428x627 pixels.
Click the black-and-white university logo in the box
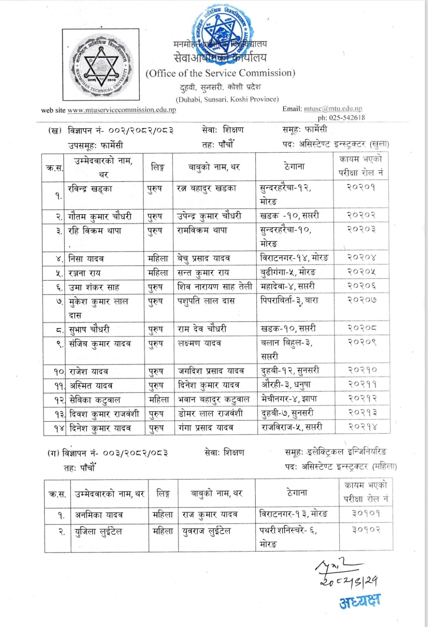pyautogui.click(x=101, y=65)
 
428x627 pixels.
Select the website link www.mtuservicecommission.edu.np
pyautogui.click(x=122, y=110)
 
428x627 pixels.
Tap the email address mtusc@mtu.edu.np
pyautogui.click(x=333, y=109)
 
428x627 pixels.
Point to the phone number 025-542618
pyautogui.click(x=346, y=118)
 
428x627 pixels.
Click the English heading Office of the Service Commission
pyautogui.click(x=220, y=73)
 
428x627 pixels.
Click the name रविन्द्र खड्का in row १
pyautogui.click(x=90, y=189)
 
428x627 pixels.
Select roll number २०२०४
pyautogui.click(x=361, y=257)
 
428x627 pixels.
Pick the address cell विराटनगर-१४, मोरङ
pyautogui.click(x=294, y=258)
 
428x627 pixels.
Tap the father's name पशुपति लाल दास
pyautogui.click(x=206, y=301)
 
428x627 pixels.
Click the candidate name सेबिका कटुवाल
pyautogui.click(x=95, y=400)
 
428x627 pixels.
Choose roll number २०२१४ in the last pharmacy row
pyautogui.click(x=362, y=427)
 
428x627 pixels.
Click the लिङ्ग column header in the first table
pyautogui.click(x=157, y=168)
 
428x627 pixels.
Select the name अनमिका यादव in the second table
pyautogui.click(x=99, y=515)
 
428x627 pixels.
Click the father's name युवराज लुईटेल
pyautogui.click(x=206, y=531)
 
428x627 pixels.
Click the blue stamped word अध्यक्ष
pyautogui.click(x=359, y=602)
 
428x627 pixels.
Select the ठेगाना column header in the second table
pyautogui.click(x=297, y=493)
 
